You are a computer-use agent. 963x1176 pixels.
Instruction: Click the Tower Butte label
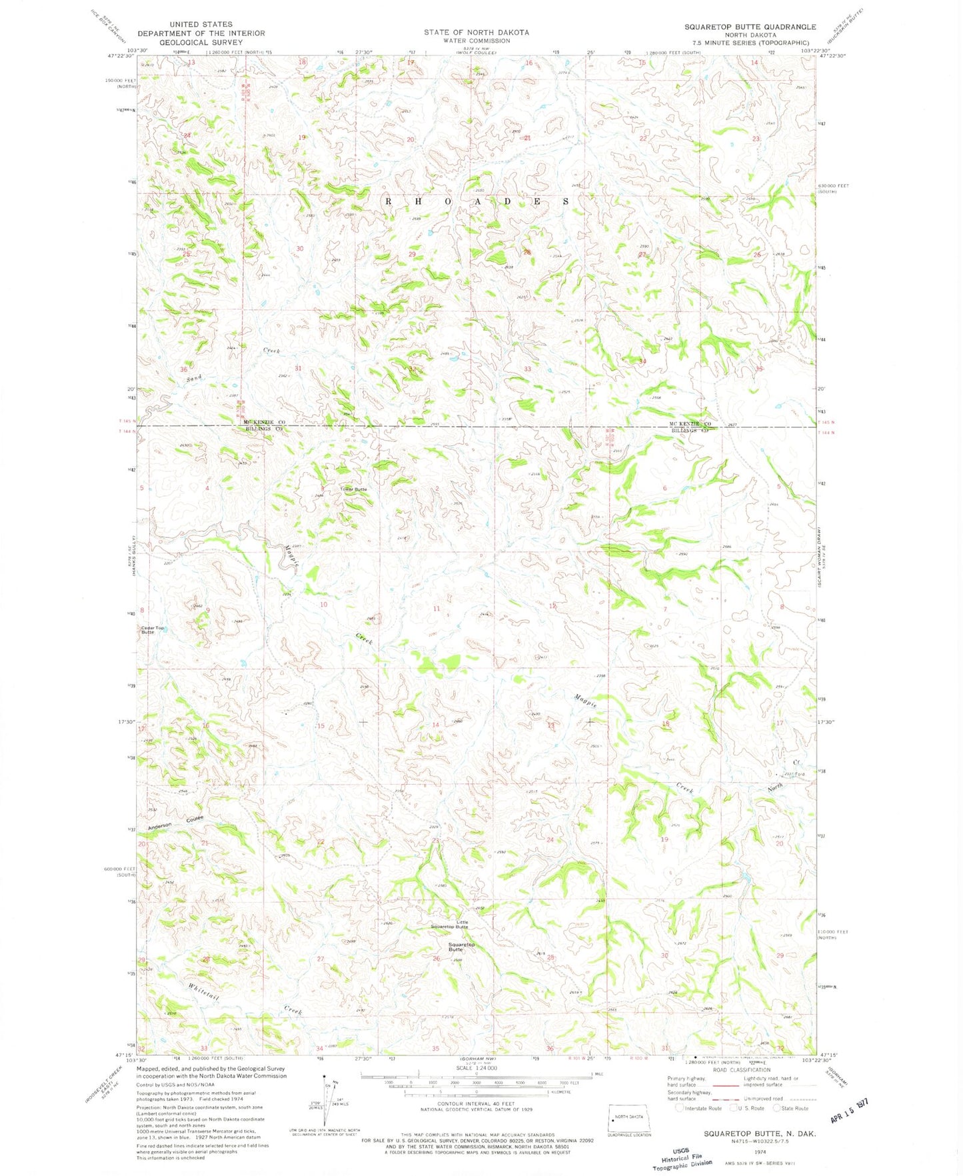click(353, 489)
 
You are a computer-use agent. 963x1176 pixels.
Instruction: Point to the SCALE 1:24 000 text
click(476, 1068)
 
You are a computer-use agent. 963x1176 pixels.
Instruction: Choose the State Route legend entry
click(790, 1108)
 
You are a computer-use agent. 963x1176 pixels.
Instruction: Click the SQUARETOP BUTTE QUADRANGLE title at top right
click(750, 27)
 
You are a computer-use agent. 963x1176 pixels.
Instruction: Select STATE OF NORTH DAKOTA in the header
click(476, 32)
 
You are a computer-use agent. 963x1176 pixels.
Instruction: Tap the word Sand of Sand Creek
click(194, 378)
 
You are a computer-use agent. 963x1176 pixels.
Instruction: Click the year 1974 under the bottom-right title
click(760, 1151)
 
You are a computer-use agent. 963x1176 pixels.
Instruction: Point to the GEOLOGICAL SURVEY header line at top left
click(201, 42)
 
